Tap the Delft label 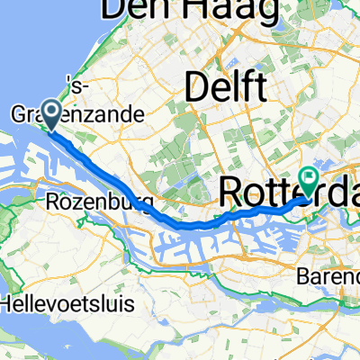tap(225, 88)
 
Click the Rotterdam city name tap(279, 192)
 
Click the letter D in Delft tap(196, 88)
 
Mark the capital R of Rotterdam tap(230, 192)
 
